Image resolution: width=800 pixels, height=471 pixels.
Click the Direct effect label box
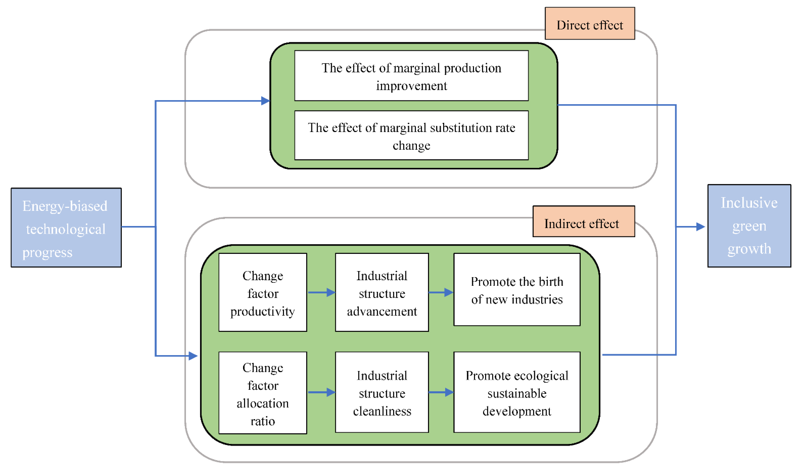(x=590, y=24)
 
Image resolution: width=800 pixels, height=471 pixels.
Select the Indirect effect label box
(x=583, y=221)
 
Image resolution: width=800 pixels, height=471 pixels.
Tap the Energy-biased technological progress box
(x=66, y=228)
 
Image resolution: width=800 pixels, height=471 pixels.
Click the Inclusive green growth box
(x=749, y=226)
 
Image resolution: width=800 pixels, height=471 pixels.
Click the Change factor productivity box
(x=263, y=292)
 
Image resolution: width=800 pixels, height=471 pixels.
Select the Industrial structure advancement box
(x=382, y=292)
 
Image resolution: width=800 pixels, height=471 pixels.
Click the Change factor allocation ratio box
(x=263, y=393)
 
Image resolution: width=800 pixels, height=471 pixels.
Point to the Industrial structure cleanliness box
(x=382, y=392)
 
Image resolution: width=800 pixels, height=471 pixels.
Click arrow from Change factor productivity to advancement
(x=321, y=292)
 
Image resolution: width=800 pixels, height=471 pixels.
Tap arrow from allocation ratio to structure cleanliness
(x=321, y=392)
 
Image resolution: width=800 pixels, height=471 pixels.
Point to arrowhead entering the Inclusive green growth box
(x=700, y=227)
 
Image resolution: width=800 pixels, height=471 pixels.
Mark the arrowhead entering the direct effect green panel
(x=265, y=101)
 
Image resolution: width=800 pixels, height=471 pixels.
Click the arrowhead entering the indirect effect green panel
(x=193, y=356)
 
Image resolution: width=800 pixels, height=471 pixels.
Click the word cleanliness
(x=382, y=411)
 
